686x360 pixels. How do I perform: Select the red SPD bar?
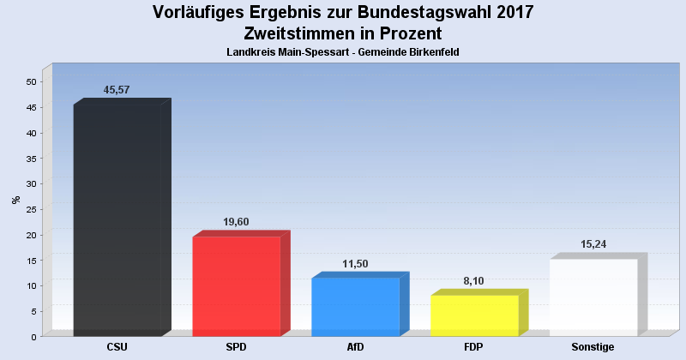tap(236, 286)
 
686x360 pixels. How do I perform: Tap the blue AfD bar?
tap(355, 307)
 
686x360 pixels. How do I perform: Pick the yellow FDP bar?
tap(474, 315)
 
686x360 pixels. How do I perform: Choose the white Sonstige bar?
tap(593, 297)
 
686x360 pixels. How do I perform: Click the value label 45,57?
tap(117, 90)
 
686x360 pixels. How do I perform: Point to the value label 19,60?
tap(236, 222)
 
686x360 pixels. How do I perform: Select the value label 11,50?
tap(355, 264)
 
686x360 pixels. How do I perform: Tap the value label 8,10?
tap(474, 281)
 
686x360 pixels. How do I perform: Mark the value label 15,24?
tap(593, 244)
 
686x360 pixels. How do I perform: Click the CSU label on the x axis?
tap(117, 347)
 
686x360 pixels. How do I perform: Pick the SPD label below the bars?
tap(236, 347)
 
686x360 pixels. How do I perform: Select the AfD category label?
tap(355, 347)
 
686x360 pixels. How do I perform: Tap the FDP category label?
tap(474, 347)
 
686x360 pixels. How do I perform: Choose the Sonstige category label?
tap(593, 347)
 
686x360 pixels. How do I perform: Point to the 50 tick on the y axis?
tap(31, 82)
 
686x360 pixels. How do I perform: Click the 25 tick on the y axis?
tap(31, 209)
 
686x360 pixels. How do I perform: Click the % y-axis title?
tap(15, 200)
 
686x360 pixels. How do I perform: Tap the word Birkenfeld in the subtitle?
tap(432, 52)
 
